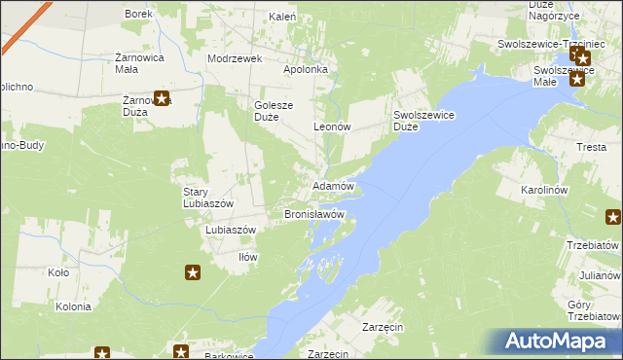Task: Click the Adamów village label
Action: [334, 185]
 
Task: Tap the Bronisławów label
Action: [313, 213]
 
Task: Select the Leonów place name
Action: [332, 126]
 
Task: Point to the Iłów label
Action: [248, 257]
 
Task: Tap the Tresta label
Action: [591, 147]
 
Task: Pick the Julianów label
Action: [601, 274]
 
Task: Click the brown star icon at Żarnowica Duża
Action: [162, 97]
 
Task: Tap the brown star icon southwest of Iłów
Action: [193, 273]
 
